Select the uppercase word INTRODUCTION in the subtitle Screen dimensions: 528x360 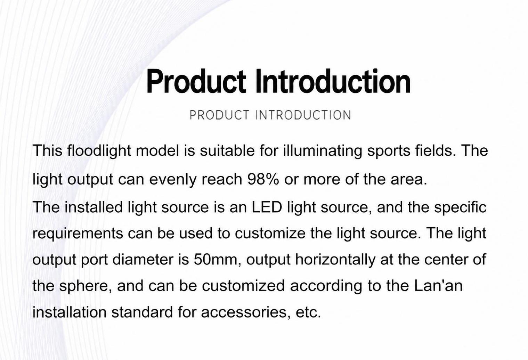(x=303, y=115)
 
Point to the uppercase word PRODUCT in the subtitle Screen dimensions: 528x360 (x=219, y=115)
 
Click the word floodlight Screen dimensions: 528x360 (x=99, y=151)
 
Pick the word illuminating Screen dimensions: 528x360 (x=323, y=151)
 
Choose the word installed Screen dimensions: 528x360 (x=94, y=207)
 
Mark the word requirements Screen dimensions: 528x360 (x=78, y=234)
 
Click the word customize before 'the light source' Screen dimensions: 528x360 (x=270, y=233)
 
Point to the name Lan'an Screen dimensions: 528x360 (x=438, y=286)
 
